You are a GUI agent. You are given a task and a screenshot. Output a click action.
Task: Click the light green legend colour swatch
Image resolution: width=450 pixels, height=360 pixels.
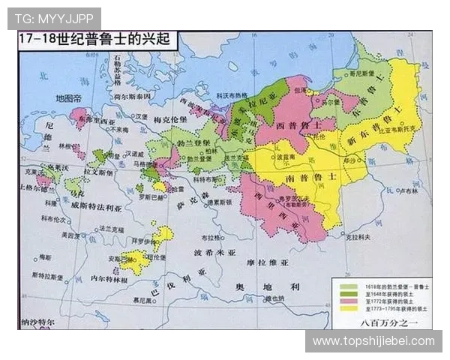point(347,286)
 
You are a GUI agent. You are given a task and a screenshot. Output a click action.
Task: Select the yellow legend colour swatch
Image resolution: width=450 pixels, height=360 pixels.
point(347,307)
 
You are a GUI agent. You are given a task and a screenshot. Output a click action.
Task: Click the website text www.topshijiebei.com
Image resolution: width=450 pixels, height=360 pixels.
point(373,341)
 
